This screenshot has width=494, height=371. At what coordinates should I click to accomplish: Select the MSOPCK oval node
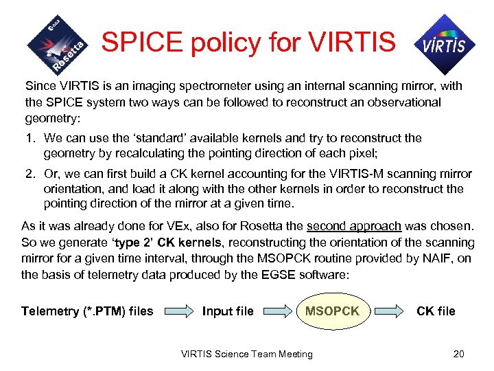pyautogui.click(x=332, y=311)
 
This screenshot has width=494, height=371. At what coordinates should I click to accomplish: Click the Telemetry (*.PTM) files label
pyautogui.click(x=87, y=311)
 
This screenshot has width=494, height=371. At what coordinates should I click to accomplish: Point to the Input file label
pyautogui.click(x=228, y=311)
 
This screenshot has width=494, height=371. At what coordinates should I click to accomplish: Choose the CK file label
pyautogui.click(x=436, y=311)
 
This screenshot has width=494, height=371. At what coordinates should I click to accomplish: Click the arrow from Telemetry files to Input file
pyautogui.click(x=177, y=312)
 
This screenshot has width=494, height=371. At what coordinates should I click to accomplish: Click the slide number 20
pyautogui.click(x=459, y=354)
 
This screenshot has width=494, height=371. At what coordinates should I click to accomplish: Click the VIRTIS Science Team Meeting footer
pyautogui.click(x=247, y=354)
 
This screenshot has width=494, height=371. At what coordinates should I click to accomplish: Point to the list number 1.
pyautogui.click(x=30, y=138)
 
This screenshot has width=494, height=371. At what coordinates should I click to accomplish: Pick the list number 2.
pyautogui.click(x=30, y=174)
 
